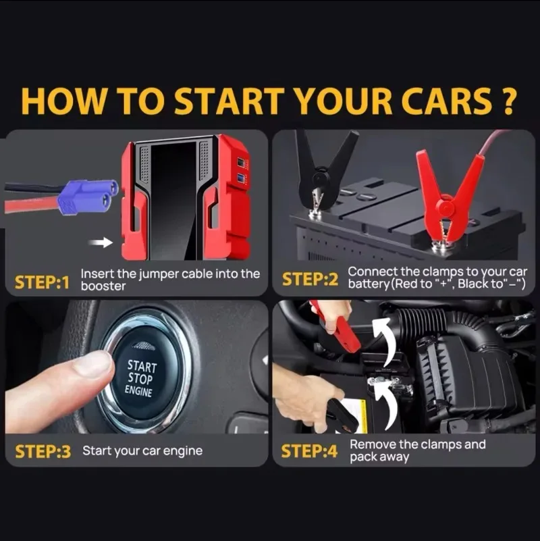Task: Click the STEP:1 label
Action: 42,282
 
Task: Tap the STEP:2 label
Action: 310,280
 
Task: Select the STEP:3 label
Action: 43,452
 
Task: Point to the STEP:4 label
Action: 309,451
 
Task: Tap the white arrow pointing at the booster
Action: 101,242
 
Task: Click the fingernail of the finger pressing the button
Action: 94,364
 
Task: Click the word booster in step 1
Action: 103,286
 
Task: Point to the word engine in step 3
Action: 182,451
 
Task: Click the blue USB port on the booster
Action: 241,178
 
